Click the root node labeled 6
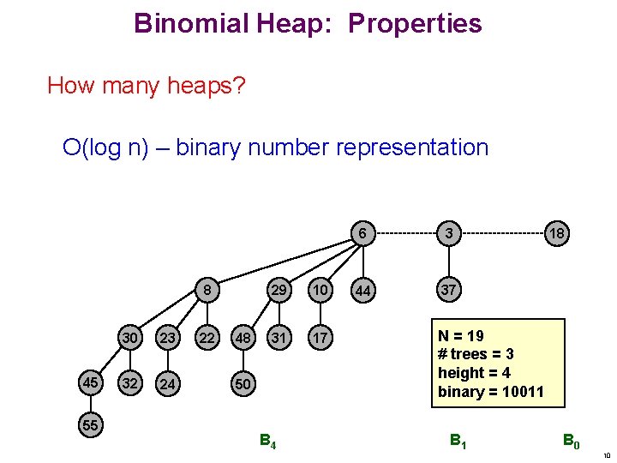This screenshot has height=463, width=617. (x=363, y=233)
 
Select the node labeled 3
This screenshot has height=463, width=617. (x=447, y=233)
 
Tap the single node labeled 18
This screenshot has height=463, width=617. (x=557, y=233)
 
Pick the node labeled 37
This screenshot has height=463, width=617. (x=447, y=290)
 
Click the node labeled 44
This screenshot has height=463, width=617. (x=363, y=292)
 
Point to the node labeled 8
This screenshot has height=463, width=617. (x=207, y=290)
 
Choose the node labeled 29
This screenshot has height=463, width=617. (x=279, y=290)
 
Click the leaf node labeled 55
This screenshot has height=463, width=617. (x=89, y=424)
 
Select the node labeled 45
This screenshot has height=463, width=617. (x=89, y=382)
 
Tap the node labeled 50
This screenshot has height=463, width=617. (x=243, y=383)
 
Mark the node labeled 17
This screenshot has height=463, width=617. (x=319, y=338)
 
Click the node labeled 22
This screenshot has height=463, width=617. (x=207, y=338)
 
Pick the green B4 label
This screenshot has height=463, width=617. (x=267, y=442)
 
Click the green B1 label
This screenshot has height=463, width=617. (x=459, y=442)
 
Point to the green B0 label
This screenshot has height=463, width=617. (x=572, y=442)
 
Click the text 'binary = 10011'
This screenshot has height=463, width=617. (x=490, y=391)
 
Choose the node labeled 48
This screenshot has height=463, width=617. (x=243, y=338)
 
